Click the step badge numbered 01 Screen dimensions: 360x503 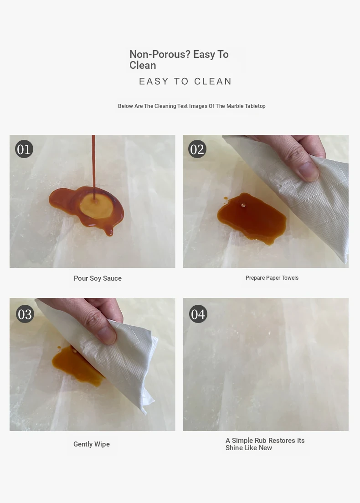pyautogui.click(x=24, y=149)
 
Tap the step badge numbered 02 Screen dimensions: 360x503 pyautogui.click(x=197, y=149)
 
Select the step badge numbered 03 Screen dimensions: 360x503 pyautogui.click(x=25, y=314)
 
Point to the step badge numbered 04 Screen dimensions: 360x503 pyautogui.click(x=198, y=314)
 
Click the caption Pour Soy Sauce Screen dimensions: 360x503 pyautogui.click(x=98, y=278)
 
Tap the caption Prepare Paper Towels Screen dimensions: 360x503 pyautogui.click(x=272, y=278)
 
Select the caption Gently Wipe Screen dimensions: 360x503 pyautogui.click(x=92, y=444)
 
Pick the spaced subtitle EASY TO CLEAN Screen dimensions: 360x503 pyautogui.click(x=185, y=82)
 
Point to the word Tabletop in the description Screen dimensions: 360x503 pyautogui.click(x=255, y=106)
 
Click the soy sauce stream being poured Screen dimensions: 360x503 pyautogui.click(x=93, y=167)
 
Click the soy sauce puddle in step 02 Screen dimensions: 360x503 pyautogui.click(x=251, y=218)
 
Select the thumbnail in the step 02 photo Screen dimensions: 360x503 pyautogui.click(x=308, y=170)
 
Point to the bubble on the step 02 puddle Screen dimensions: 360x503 pyautogui.click(x=243, y=205)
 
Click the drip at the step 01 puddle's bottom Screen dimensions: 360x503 pyautogui.click(x=110, y=231)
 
